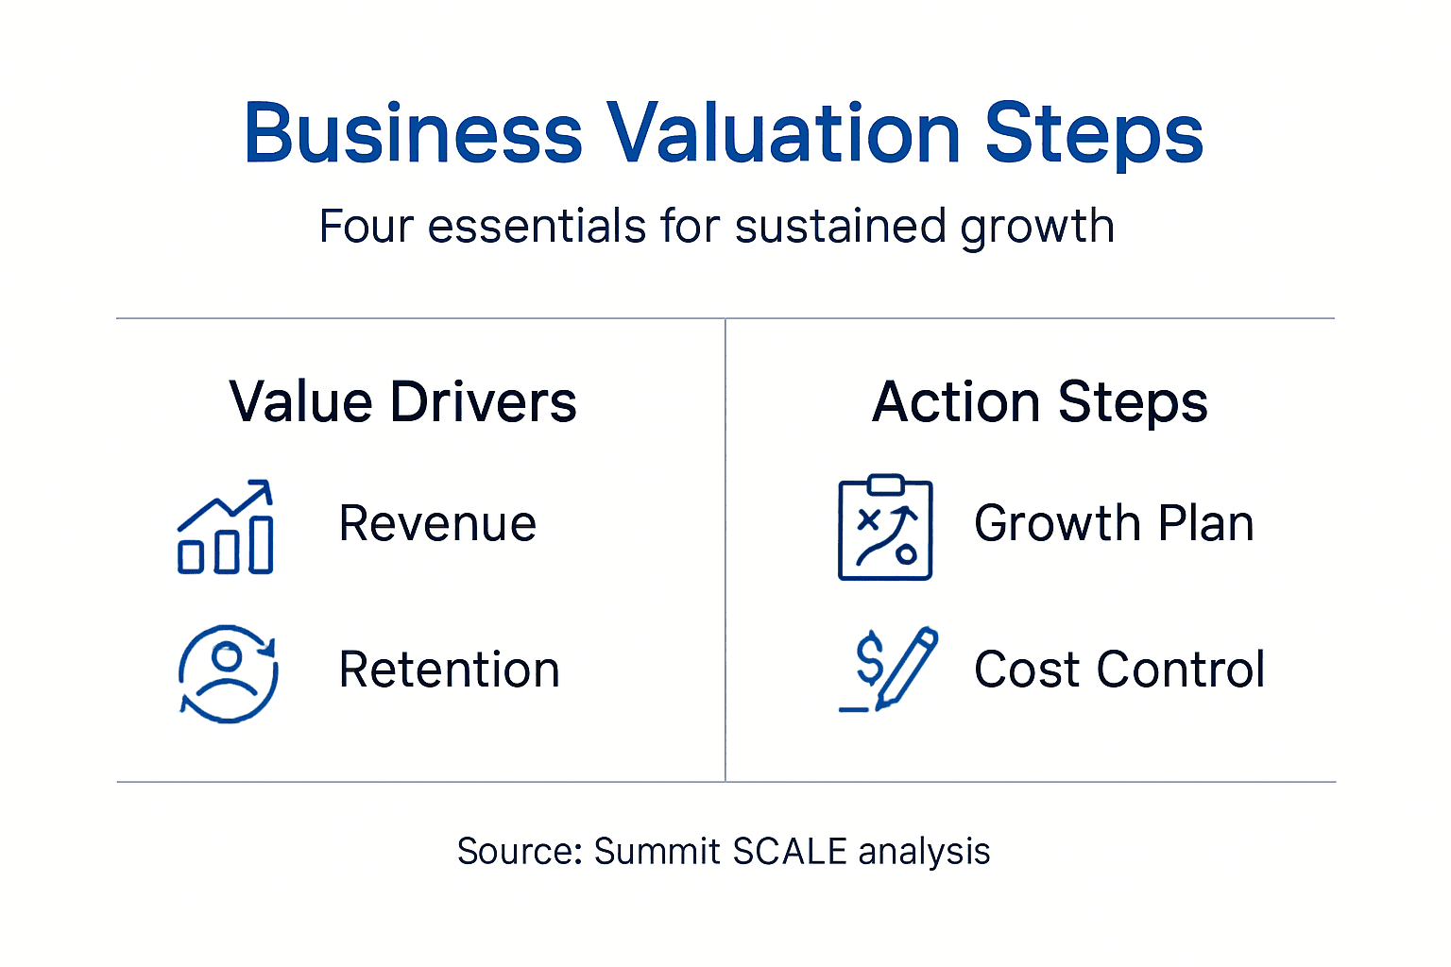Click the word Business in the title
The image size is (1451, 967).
click(413, 133)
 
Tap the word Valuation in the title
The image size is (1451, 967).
click(783, 133)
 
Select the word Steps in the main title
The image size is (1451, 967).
click(1093, 133)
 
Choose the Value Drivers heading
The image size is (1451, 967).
click(402, 402)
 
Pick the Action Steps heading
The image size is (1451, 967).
click(1039, 402)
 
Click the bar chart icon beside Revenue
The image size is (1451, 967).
click(226, 528)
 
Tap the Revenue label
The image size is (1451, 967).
click(437, 523)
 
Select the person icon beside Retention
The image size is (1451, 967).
click(228, 673)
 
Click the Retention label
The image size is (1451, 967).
click(449, 670)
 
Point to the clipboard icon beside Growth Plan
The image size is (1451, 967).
click(885, 528)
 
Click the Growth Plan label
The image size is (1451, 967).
click(1114, 523)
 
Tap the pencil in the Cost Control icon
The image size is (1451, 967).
click(907, 667)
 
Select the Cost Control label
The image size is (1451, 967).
click(1119, 670)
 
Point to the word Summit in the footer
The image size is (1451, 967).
click(657, 851)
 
